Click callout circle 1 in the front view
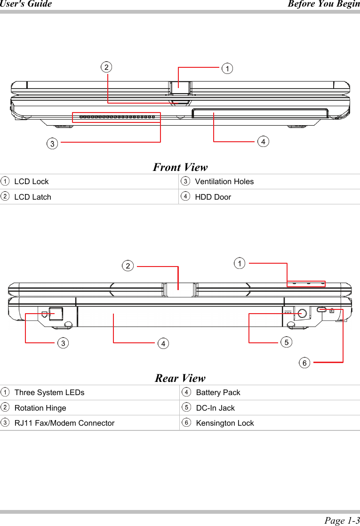[227, 69]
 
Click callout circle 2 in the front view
[107, 67]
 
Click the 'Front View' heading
[180, 167]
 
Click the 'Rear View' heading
[180, 378]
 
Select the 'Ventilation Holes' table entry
[224, 181]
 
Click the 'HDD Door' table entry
[213, 197]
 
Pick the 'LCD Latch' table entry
[32, 197]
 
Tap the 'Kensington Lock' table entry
[224, 423]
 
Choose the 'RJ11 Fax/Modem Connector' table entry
[64, 423]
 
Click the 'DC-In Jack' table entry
[215, 408]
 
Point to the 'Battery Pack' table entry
[218, 392]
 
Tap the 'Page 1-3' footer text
[342, 520]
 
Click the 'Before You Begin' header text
[323, 4]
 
